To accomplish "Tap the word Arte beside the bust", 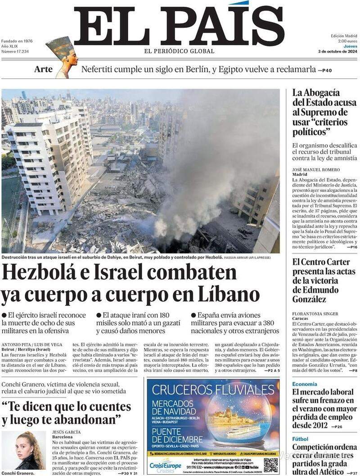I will (x=43, y=69).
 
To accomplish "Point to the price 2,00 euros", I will (x=347, y=41).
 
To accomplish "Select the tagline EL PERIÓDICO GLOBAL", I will (x=179, y=51).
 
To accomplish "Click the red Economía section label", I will (x=305, y=384).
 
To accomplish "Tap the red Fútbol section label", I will (x=300, y=439).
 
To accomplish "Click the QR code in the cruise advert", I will (x=270, y=465).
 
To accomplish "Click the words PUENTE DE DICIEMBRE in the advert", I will (x=177, y=434).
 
